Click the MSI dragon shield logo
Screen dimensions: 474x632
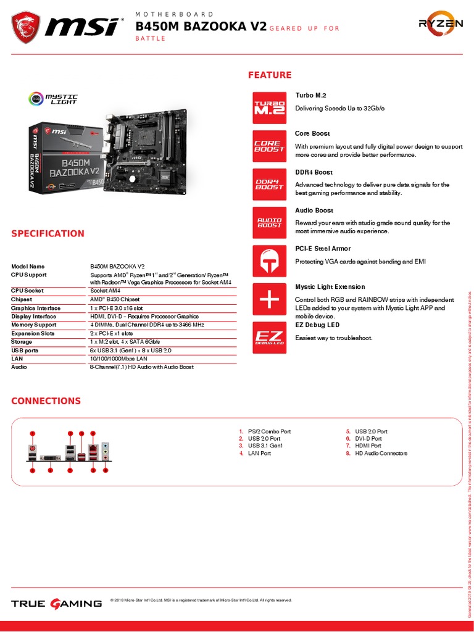point(26,26)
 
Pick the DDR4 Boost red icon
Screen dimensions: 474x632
point(269,184)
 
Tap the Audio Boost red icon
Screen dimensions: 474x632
point(269,222)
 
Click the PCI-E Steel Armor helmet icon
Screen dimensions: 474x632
point(269,260)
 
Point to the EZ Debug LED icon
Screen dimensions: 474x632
point(269,338)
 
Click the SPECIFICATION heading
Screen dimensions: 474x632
point(48,233)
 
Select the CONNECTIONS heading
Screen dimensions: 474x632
point(46,401)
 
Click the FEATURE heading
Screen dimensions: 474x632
point(270,75)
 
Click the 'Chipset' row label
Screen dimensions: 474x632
point(22,299)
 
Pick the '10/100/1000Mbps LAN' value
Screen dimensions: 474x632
point(118,358)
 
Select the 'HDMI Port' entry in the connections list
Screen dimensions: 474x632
point(368,446)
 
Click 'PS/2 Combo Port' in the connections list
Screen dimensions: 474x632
point(269,431)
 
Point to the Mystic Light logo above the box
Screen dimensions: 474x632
point(54,99)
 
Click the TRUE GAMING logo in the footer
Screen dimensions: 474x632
point(57,603)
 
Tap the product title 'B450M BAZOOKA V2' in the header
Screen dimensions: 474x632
point(201,26)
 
